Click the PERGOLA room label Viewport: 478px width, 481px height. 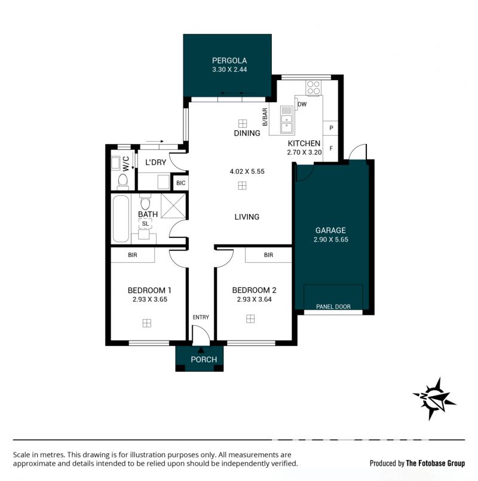pyautogui.click(x=229, y=60)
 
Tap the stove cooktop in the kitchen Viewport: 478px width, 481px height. pyautogui.click(x=314, y=87)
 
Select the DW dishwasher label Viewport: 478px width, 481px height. pyautogui.click(x=302, y=104)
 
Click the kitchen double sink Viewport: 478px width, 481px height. pyautogui.click(x=287, y=120)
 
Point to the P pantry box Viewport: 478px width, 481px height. pyautogui.click(x=331, y=128)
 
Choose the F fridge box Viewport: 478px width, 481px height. pyautogui.click(x=331, y=148)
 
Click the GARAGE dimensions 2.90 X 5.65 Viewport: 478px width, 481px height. pyautogui.click(x=331, y=240)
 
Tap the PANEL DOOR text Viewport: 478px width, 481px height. pyautogui.click(x=333, y=307)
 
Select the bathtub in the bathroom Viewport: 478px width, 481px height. pyautogui.click(x=121, y=219)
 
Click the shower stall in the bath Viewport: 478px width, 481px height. pyautogui.click(x=173, y=206)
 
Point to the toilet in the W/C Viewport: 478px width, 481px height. pyautogui.click(x=122, y=182)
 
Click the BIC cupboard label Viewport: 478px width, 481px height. pyautogui.click(x=180, y=183)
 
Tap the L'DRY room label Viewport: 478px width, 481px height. pyautogui.click(x=155, y=163)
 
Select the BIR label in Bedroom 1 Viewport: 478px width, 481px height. pyautogui.click(x=133, y=255)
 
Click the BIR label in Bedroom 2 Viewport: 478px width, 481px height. pyautogui.click(x=268, y=255)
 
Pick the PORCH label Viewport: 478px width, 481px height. pyautogui.click(x=204, y=360)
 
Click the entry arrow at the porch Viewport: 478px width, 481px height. pyautogui.click(x=201, y=350)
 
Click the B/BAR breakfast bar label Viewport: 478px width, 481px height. pyautogui.click(x=265, y=117)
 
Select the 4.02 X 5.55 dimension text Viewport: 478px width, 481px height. pyautogui.click(x=247, y=171)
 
